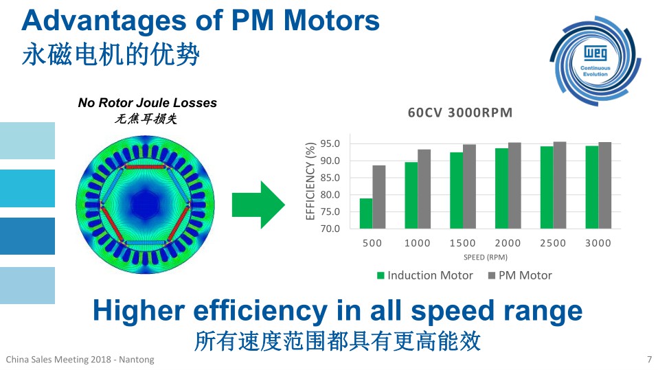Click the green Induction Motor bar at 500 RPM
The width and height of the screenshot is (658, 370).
tap(366, 213)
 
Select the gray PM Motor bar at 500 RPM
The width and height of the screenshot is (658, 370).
tap(379, 197)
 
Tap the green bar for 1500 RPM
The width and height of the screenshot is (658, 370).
tap(457, 190)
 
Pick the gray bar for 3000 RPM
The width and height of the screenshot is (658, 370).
tap(604, 185)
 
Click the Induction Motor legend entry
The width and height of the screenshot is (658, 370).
tap(425, 275)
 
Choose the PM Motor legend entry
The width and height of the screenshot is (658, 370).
tap(520, 275)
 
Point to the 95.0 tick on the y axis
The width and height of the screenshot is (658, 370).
tap(330, 144)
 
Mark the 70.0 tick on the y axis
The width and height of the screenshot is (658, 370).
tap(330, 229)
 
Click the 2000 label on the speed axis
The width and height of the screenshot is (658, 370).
tap(508, 243)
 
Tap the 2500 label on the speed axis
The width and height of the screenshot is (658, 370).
tap(553, 243)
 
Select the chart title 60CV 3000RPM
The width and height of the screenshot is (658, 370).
tap(460, 113)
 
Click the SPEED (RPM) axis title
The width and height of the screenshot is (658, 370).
tap(486, 257)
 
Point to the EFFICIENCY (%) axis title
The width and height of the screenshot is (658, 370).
tap(310, 181)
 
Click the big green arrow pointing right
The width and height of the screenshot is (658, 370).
tap(258, 205)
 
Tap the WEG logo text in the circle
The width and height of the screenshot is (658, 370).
tap(595, 54)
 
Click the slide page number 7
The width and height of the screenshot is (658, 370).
tap(649, 360)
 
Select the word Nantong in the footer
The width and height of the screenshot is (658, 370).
tap(137, 360)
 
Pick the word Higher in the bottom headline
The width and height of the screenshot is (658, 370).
tap(139, 311)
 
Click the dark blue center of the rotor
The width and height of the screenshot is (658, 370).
tap(145, 205)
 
